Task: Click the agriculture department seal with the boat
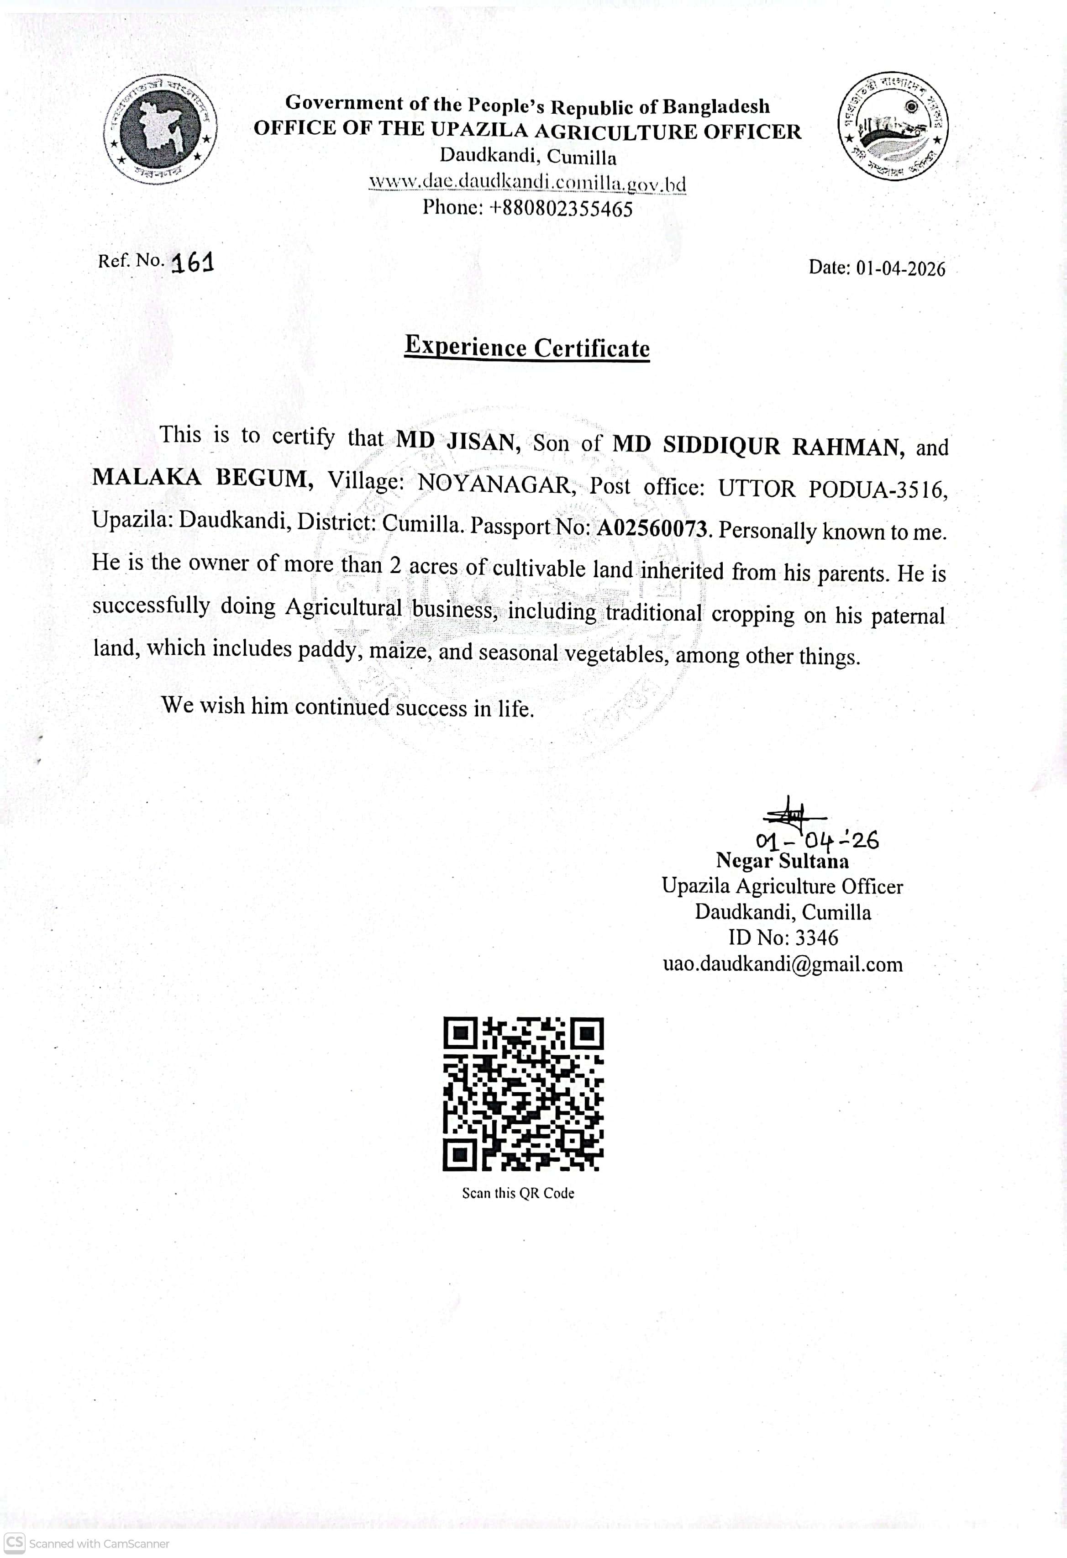tap(893, 126)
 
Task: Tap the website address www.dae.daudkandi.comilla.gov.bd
tap(527, 182)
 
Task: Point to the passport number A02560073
tap(652, 529)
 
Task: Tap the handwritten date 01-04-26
tap(816, 840)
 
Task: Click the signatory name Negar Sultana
tap(782, 861)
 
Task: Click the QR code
tap(523, 1095)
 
